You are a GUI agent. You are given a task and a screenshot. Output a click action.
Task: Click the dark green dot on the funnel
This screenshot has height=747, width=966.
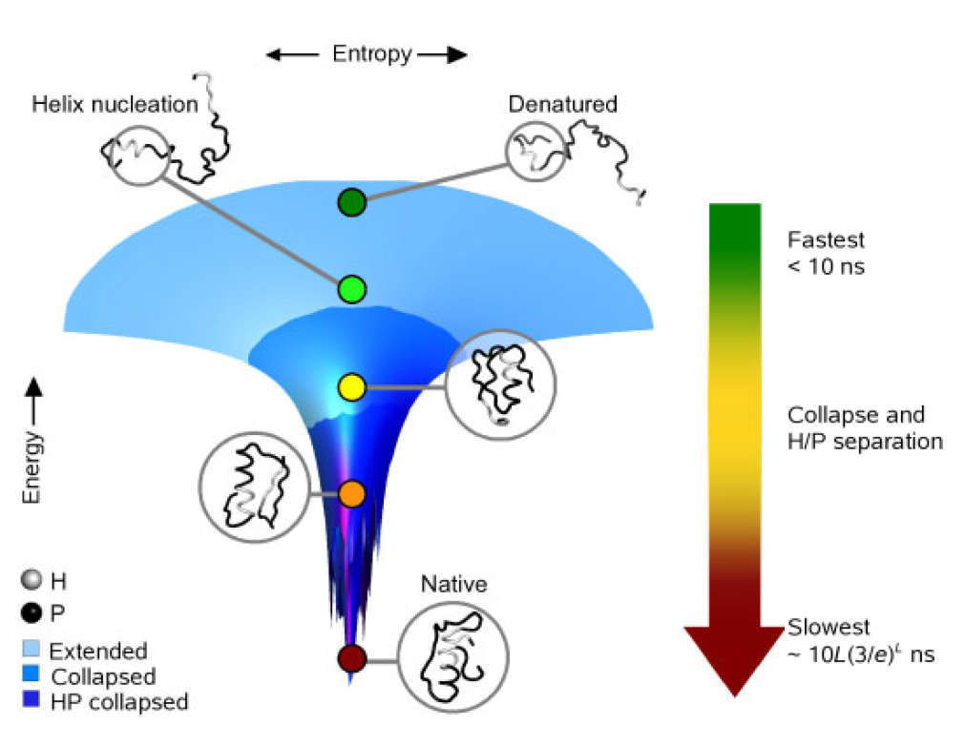[x=352, y=202]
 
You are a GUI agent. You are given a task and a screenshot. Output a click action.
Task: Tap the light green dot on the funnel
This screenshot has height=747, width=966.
[x=352, y=288]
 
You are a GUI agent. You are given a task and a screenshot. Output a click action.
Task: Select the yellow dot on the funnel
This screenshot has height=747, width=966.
[x=352, y=387]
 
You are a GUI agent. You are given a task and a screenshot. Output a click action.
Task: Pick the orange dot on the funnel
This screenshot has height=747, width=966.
[x=352, y=493]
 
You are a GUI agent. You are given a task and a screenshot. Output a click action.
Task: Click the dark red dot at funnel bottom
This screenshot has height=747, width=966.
[x=352, y=658]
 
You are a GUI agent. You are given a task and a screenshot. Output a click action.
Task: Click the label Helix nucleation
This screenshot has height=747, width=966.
[x=115, y=104]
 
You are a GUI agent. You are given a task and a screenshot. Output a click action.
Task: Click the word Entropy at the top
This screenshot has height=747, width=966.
[x=371, y=54]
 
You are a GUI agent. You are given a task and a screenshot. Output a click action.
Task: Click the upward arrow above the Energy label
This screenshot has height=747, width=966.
[x=34, y=396]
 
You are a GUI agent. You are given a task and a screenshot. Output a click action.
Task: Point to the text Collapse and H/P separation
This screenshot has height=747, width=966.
[x=864, y=428]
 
